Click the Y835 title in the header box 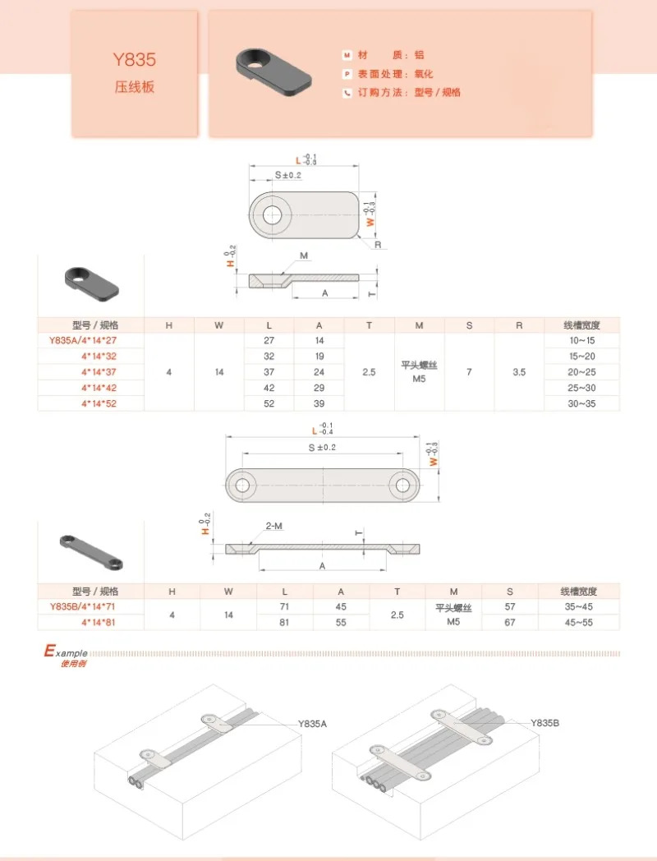pyautogui.click(x=135, y=59)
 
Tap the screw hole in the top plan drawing pyautogui.click(x=272, y=214)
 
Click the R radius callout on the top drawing pyautogui.click(x=378, y=245)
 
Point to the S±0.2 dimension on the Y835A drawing pyautogui.click(x=288, y=175)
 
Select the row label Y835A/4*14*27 pyautogui.click(x=83, y=340)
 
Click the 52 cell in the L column pyautogui.click(x=269, y=403)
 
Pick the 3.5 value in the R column pyautogui.click(x=519, y=372)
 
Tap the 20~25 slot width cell pyautogui.click(x=581, y=372)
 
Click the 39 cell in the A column pyautogui.click(x=319, y=403)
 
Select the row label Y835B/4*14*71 pyautogui.click(x=83, y=607)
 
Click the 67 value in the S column pyautogui.click(x=510, y=623)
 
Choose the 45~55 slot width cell pyautogui.click(x=578, y=623)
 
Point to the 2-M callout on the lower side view pyautogui.click(x=274, y=526)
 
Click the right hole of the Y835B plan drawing pyautogui.click(x=403, y=486)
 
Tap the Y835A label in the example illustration pyautogui.click(x=312, y=724)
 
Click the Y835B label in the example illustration pyautogui.click(x=545, y=723)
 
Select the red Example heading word pyautogui.click(x=66, y=652)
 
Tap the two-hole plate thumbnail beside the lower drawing pyautogui.click(x=91, y=552)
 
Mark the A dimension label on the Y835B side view pyautogui.click(x=322, y=566)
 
